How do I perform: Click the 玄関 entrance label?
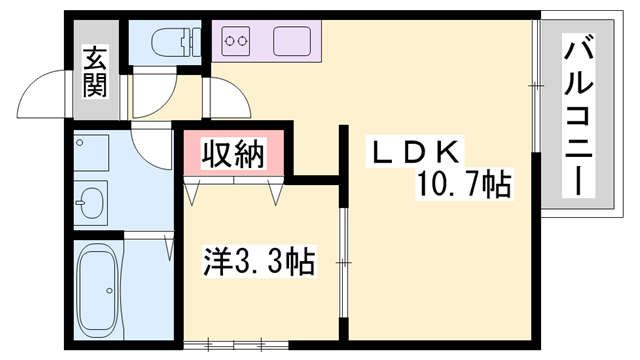[x=95, y=72]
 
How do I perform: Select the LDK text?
[x=417, y=153]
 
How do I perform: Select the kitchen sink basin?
[x=290, y=42]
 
